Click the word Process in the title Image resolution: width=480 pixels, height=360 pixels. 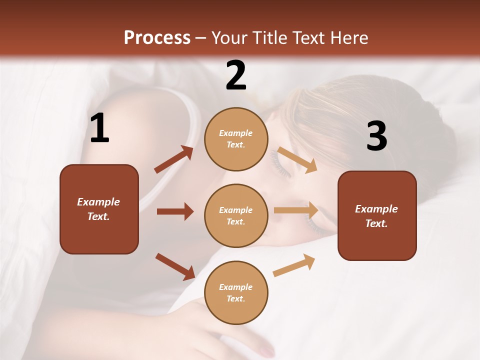pyautogui.click(x=157, y=38)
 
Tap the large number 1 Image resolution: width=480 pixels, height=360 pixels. pyautogui.click(x=99, y=128)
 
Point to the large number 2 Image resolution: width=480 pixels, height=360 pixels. pyautogui.click(x=236, y=75)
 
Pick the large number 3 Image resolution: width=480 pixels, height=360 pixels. pyautogui.click(x=376, y=136)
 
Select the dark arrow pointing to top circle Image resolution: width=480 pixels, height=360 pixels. pyautogui.click(x=174, y=159)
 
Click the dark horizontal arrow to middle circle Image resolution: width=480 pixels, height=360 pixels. pyautogui.click(x=175, y=211)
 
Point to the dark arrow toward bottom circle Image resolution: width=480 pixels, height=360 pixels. pyautogui.click(x=175, y=266)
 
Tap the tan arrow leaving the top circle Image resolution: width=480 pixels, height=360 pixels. pyautogui.click(x=297, y=160)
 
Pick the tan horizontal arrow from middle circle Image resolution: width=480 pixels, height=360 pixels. pyautogui.click(x=296, y=210)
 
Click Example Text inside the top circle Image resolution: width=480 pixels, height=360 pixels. pyautogui.click(x=236, y=139)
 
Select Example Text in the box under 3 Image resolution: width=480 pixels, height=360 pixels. pyautogui.click(x=377, y=216)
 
